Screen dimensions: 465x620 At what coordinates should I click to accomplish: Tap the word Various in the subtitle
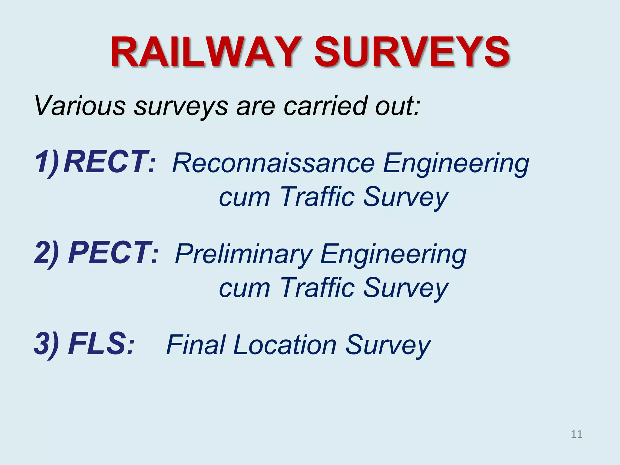(80, 106)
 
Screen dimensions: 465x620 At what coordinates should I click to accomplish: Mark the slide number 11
(576, 434)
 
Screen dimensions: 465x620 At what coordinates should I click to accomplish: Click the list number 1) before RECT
(47, 163)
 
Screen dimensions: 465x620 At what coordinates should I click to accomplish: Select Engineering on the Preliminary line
(393, 255)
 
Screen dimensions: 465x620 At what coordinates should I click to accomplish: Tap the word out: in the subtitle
(398, 106)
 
